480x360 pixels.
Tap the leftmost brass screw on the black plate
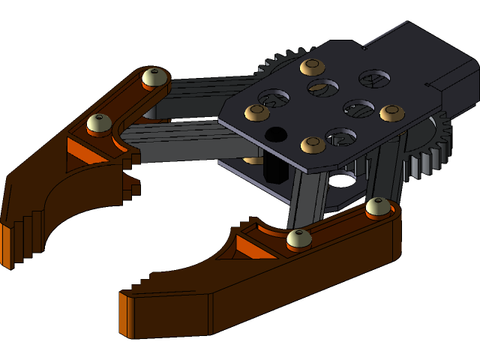tap(256, 112)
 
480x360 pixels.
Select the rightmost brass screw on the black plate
tap(391, 113)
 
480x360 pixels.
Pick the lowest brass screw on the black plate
tap(313, 144)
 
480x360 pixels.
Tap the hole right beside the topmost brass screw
tap(323, 88)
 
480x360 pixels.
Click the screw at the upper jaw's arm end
tap(154, 77)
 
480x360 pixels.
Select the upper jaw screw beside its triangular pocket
tap(99, 122)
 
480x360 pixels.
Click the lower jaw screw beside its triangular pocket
tap(298, 239)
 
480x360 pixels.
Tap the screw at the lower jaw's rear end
tap(378, 206)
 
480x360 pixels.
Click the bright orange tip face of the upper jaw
tap(6, 244)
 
